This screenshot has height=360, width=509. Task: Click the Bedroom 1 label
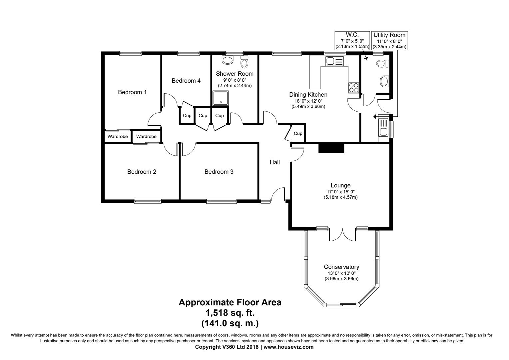pos(132,92)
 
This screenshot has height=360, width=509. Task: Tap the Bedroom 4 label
pos(186,81)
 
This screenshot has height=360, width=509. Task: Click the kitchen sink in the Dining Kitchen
pos(334,61)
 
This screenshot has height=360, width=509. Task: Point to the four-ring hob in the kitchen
pos(353,87)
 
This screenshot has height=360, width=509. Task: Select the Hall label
pos(274,162)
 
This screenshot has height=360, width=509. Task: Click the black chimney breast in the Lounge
pos(331,148)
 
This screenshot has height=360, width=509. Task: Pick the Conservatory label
pos(341,267)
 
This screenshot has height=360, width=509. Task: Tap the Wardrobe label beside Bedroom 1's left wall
pos(118,136)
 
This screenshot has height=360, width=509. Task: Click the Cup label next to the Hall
pos(298,133)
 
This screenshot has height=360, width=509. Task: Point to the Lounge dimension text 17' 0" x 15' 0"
pos(340,192)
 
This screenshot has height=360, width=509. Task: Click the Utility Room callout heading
pos(389,35)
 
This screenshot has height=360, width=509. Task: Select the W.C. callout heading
pos(352,35)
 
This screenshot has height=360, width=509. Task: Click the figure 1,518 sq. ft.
pos(230,313)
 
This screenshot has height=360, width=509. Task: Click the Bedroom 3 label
pos(219,172)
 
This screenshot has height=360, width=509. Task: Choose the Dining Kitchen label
pos(308,95)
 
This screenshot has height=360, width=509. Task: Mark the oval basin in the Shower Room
pos(228,60)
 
